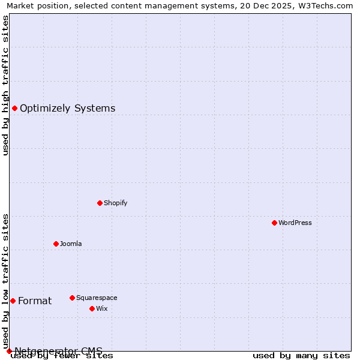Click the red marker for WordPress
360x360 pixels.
pyautogui.click(x=274, y=223)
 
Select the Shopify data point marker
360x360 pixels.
pyautogui.click(x=100, y=203)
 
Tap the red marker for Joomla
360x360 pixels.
pyautogui.click(x=56, y=244)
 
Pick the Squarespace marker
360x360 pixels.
pyautogui.click(x=72, y=298)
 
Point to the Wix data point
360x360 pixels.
pyautogui.click(x=92, y=308)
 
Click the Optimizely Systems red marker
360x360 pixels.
pyautogui.click(x=14, y=108)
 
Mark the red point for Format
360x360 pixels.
pyautogui.click(x=13, y=301)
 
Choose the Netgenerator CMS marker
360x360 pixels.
pyautogui.click(x=9, y=351)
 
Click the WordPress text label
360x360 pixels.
pyautogui.click(x=295, y=223)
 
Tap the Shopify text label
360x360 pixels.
pyautogui.click(x=116, y=203)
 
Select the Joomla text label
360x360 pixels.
pyautogui.click(x=71, y=244)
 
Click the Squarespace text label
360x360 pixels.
pyautogui.click(x=97, y=298)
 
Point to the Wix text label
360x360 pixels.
pyautogui.click(x=101, y=308)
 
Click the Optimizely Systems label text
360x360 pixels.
pyautogui.click(x=68, y=109)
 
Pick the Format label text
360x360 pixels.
pyautogui.click(x=35, y=301)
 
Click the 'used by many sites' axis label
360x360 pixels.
pyautogui.click(x=301, y=356)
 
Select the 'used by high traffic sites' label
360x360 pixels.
pyautogui.click(x=5, y=85)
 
